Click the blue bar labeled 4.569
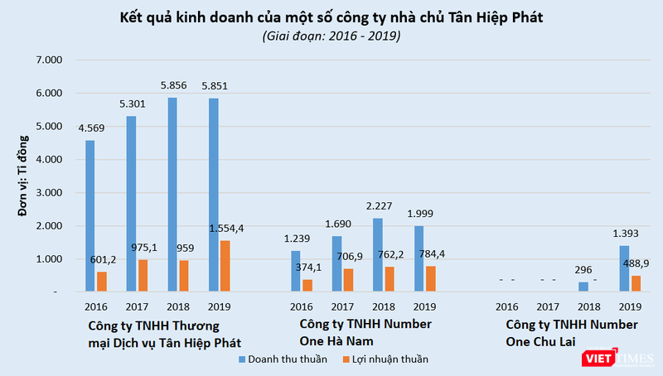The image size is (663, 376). pyautogui.click(x=90, y=216)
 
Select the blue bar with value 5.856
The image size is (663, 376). pyautogui.click(x=172, y=195)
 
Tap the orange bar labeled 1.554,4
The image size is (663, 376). pyautogui.click(x=225, y=266)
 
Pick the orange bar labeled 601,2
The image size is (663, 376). pyautogui.click(x=102, y=282)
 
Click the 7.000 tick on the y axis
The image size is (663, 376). pyautogui.click(x=51, y=60)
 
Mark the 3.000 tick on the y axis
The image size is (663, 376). pyautogui.click(x=51, y=193)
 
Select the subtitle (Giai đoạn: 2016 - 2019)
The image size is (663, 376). pyautogui.click(x=331, y=36)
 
